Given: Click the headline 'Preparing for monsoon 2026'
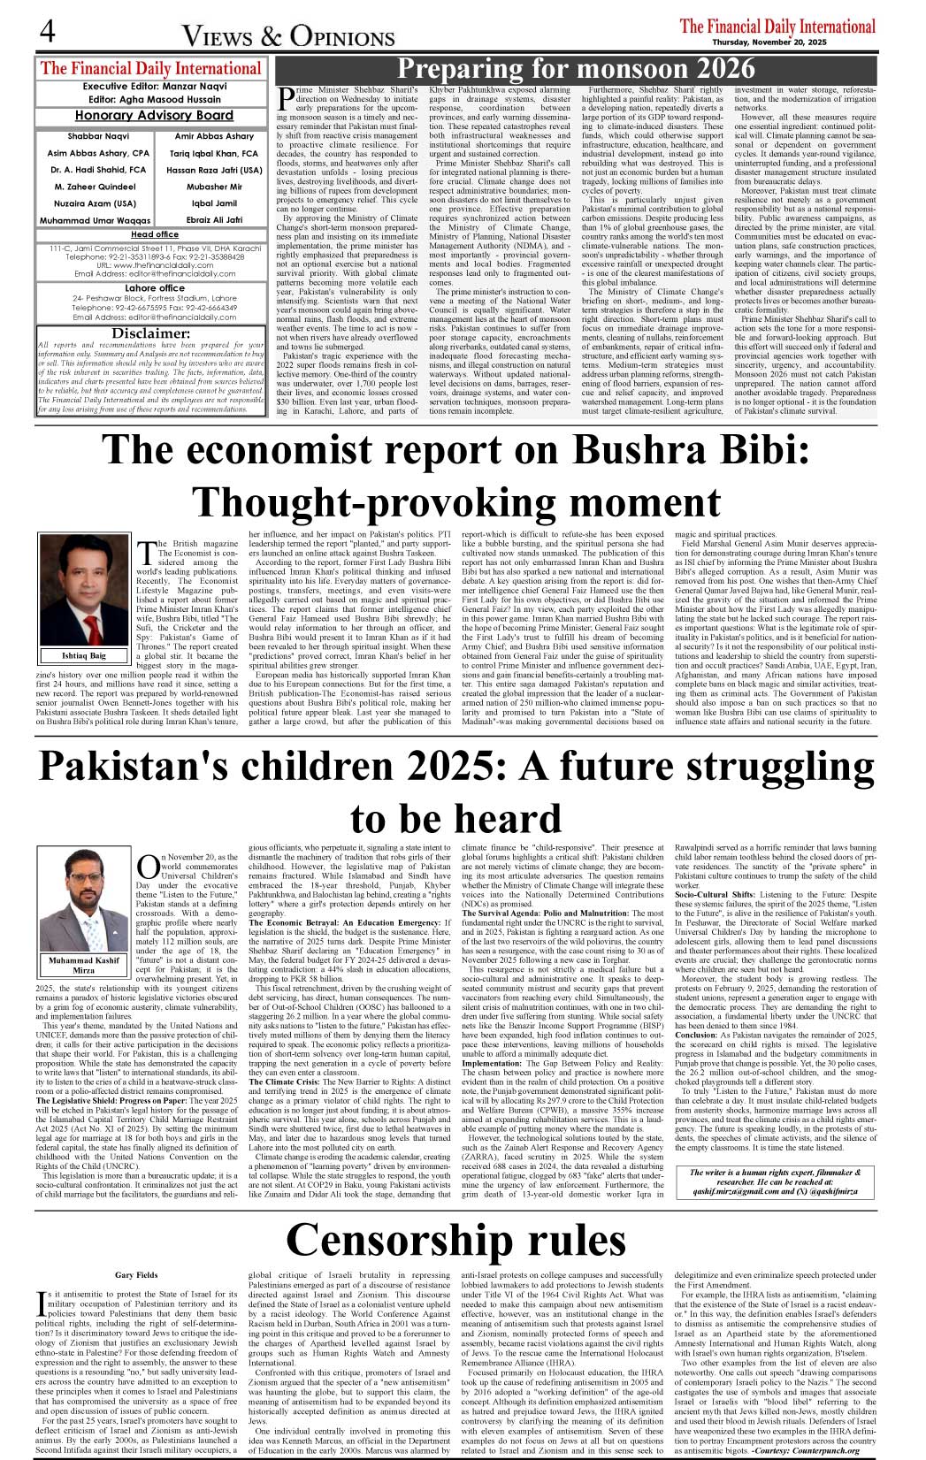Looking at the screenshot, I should pos(576,69).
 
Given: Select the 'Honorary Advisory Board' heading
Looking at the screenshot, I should pos(154,116).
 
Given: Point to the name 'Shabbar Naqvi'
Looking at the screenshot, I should pos(98,137).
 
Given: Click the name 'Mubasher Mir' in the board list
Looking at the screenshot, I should pos(214,187).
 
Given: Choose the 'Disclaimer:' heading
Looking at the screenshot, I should pos(151,333).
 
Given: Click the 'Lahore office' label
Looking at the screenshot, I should pos(154,288).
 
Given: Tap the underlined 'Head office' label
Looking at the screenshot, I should pos(154,234).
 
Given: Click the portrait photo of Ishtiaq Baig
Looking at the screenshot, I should pos(84,590).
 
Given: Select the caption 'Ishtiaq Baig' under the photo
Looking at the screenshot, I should pos(84,655).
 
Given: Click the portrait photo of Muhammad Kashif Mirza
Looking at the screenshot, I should pos(84,902).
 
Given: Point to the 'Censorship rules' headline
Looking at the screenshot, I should pos(455,1240).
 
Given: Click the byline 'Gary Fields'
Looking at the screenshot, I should pos(136,1275).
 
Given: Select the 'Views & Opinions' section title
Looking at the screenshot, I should pos(288,36).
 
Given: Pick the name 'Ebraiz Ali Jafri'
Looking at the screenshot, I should pos(214,220).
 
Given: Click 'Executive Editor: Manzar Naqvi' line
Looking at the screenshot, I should pos(154,87).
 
